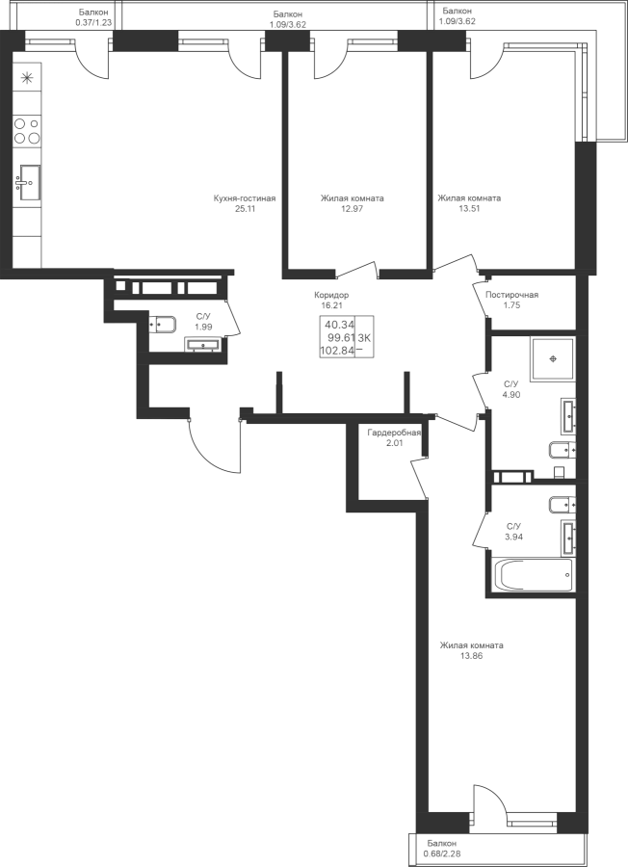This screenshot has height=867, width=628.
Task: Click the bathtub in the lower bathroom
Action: coord(533,575)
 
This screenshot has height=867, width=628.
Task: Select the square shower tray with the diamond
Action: coord(552,358)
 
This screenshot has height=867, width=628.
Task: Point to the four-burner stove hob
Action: coord(27,130)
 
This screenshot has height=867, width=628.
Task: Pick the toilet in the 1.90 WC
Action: coord(160,323)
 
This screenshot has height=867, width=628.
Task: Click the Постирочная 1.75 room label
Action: coord(511,300)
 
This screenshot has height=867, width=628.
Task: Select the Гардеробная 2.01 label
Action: coord(393,437)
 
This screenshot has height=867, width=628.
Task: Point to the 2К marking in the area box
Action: coord(365,338)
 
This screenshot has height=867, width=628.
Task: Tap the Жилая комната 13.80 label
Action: coord(471,650)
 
